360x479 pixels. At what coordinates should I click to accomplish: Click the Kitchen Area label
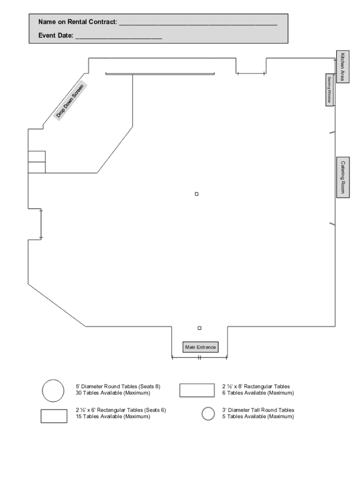point(343,67)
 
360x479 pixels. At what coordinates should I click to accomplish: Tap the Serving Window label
point(330,89)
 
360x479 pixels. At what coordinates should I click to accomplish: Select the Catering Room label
point(343,177)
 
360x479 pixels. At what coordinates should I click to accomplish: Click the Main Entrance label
point(201,347)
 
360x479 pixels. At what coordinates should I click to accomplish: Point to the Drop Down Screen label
point(70,101)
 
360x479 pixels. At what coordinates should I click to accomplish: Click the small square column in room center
point(197,194)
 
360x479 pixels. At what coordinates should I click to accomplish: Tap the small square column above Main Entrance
point(200,328)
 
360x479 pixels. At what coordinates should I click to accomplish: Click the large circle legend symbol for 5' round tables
point(53,391)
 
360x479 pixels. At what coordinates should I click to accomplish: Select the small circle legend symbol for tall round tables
point(208,414)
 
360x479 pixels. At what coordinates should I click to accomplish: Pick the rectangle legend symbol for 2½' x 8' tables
point(197,390)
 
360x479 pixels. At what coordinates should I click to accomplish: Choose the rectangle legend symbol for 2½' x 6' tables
point(54,416)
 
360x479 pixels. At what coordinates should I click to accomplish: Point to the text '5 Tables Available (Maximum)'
point(258,416)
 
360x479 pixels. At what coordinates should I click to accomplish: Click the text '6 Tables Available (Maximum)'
point(258,393)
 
